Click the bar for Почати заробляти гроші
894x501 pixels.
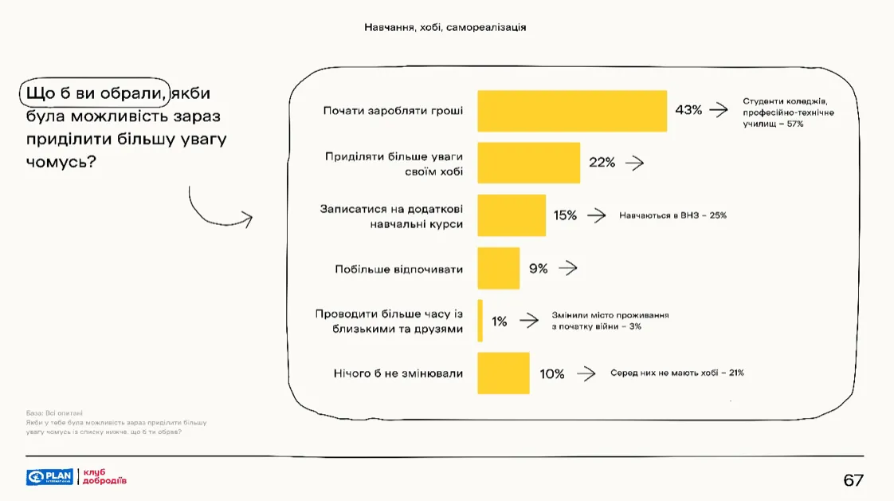click(x=571, y=111)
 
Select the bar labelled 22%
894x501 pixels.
click(x=528, y=163)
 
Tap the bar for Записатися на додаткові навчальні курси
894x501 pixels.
click(x=512, y=215)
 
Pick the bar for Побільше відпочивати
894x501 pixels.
click(x=498, y=268)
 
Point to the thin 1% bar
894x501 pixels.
click(x=480, y=321)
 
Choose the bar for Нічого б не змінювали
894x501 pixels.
click(x=503, y=373)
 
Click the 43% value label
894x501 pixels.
click(x=688, y=110)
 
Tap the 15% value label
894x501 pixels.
click(x=565, y=215)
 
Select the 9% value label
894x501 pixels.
click(x=539, y=269)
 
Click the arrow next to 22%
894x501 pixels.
click(x=634, y=163)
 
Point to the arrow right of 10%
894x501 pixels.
click(x=586, y=373)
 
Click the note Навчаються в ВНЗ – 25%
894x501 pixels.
click(x=672, y=215)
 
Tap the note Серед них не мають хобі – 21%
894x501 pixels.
click(x=677, y=373)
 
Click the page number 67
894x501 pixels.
click(x=853, y=480)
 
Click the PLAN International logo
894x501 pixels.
click(x=49, y=477)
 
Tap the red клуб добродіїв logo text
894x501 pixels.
click(x=104, y=477)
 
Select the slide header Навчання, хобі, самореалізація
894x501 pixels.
click(x=445, y=27)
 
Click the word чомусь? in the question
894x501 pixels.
click(x=61, y=161)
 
